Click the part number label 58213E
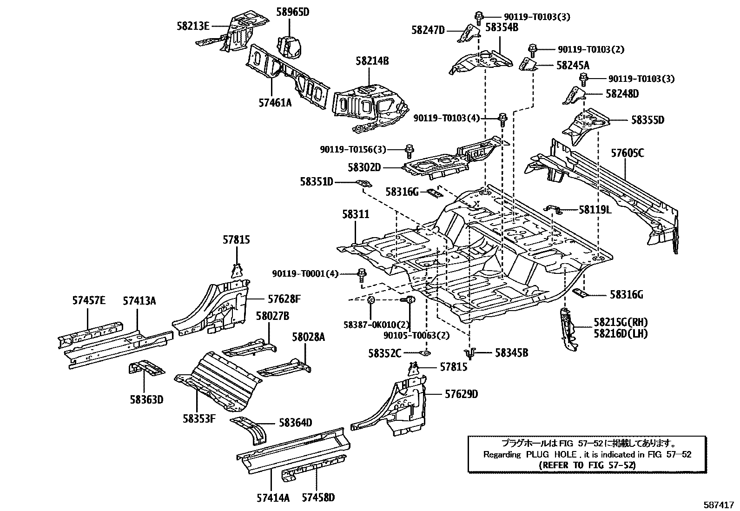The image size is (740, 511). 193,26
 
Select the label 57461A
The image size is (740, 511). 275,102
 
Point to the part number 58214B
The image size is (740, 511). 372,61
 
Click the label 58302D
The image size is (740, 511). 364,166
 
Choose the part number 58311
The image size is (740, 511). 356,214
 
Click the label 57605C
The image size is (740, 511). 628,153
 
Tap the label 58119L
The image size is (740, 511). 595,210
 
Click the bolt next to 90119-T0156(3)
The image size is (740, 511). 409,150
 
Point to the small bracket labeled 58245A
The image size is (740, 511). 528,64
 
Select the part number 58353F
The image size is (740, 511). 199,418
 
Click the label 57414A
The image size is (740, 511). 272,498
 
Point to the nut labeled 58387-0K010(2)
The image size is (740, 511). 371,300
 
